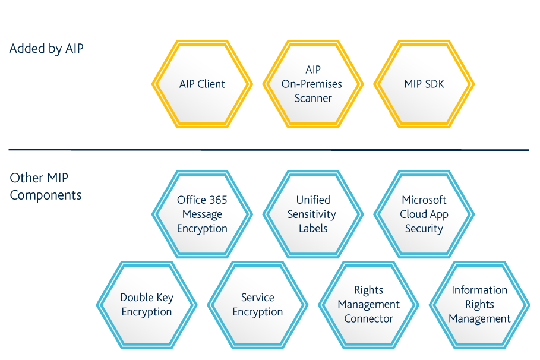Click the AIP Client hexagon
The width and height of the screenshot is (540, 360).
click(202, 84)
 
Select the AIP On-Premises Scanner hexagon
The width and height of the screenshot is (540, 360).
click(313, 84)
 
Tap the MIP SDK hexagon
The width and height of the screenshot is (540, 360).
click(424, 84)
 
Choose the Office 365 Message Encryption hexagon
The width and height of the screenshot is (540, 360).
click(202, 214)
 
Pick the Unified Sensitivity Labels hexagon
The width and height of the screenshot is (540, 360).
click(313, 214)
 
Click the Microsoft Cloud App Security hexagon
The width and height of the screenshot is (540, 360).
click(424, 214)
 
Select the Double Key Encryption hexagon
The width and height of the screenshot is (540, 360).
click(146, 305)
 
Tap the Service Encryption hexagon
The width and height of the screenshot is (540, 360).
click(257, 305)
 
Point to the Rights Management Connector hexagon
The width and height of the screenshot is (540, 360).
click(368, 305)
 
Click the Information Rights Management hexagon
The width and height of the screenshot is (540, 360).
click(479, 305)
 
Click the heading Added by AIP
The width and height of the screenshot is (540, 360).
click(46, 49)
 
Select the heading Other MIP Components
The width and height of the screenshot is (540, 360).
click(46, 187)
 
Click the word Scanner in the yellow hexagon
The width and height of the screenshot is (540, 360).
click(313, 99)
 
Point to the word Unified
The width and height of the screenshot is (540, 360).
click(313, 200)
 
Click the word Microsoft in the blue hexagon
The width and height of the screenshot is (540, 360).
click(424, 200)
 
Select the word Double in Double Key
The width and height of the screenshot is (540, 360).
click(136, 298)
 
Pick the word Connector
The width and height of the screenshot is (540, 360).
click(368, 319)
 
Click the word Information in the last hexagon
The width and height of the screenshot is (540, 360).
click(479, 290)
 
